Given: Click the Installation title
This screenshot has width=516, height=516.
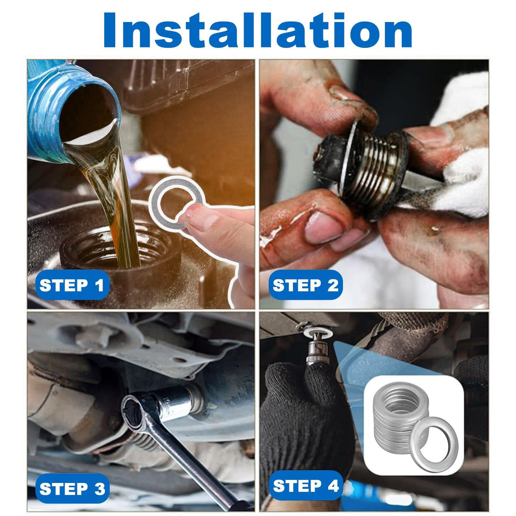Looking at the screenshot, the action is point(258,30).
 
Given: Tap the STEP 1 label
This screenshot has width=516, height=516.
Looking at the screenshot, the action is point(72,285).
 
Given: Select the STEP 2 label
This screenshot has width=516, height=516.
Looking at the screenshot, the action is point(305,285).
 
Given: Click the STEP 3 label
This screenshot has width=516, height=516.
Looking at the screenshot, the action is point(72,488).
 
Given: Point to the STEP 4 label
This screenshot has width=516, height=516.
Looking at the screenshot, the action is point(306,486).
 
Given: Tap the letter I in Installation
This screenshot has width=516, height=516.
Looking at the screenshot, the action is point(109,30).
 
